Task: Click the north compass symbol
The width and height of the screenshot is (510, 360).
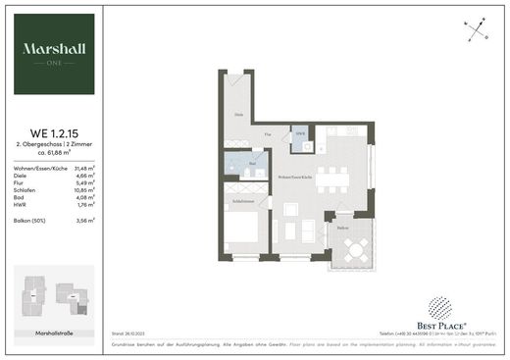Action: click(478, 30)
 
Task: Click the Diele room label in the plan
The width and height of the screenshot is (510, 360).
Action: click(237, 116)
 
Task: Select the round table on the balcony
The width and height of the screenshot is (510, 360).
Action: click(357, 250)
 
